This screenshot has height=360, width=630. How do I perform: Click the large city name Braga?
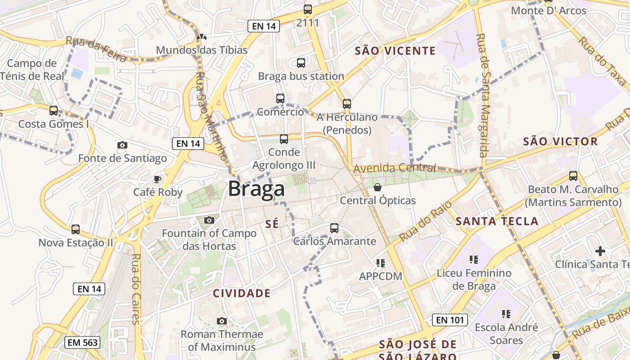pyautogui.click(x=256, y=189)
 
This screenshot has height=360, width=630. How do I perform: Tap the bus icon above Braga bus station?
pyautogui.click(x=301, y=63)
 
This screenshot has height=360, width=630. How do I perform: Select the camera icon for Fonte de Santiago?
pyautogui.click(x=122, y=145)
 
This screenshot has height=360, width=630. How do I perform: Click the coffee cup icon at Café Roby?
pyautogui.click(x=157, y=179)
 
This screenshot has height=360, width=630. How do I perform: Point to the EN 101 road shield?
pyautogui.click(x=450, y=320)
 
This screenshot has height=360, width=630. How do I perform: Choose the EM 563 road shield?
pyautogui.click(x=82, y=342)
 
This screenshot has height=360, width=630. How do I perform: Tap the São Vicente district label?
pyautogui.click(x=395, y=50)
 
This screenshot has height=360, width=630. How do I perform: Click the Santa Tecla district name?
pyautogui.click(x=497, y=221)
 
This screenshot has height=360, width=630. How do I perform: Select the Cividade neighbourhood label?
pyautogui.click(x=242, y=293)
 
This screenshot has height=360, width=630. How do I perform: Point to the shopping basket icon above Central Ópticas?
pyautogui.click(x=378, y=187)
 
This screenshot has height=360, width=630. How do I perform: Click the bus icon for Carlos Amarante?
pyautogui.click(x=334, y=228)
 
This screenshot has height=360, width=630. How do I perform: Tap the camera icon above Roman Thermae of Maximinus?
pyautogui.click(x=221, y=321)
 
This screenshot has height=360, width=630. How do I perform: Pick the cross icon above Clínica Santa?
pyautogui.click(x=600, y=251)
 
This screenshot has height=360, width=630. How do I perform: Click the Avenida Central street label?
pyautogui.click(x=395, y=168)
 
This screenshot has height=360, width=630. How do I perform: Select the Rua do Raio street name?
pyautogui.click(x=419, y=221)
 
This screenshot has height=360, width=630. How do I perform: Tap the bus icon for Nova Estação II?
pyautogui.click(x=76, y=229)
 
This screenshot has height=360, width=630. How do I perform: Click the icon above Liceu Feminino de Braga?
pyautogui.click(x=473, y=260)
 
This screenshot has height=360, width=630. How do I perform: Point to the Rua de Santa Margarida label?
pyautogui.click(x=483, y=95)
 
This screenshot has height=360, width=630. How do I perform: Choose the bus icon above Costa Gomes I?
pyautogui.click(x=54, y=110)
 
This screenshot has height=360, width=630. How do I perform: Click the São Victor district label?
pyautogui.click(x=560, y=141)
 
